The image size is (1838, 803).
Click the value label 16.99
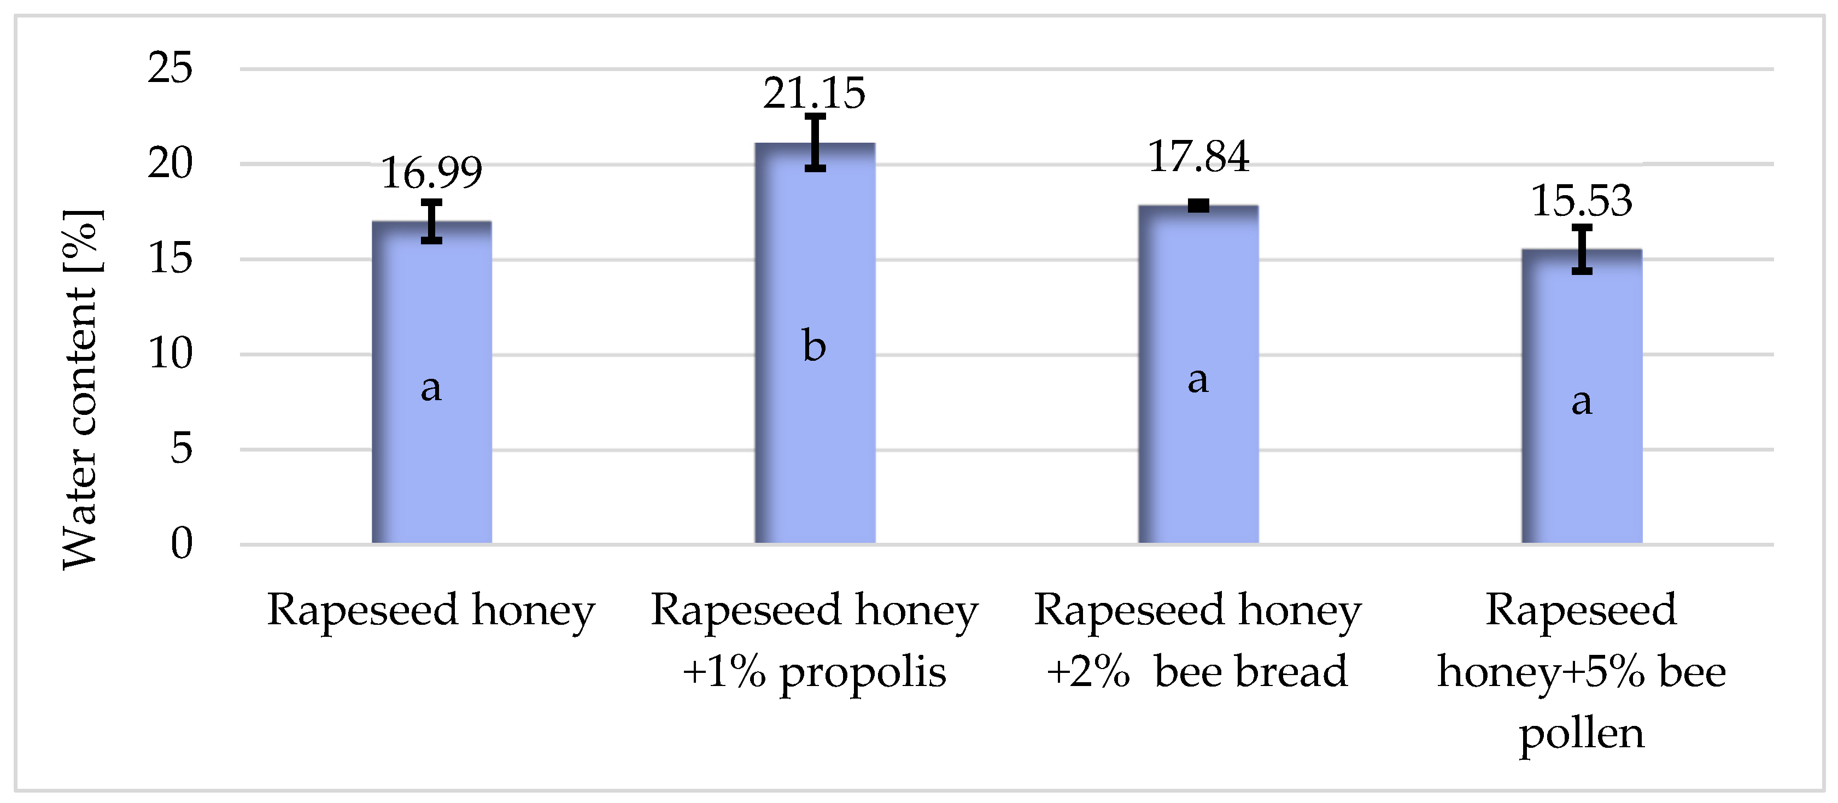pyautogui.click(x=432, y=173)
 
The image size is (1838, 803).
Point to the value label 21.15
pyautogui.click(x=814, y=93)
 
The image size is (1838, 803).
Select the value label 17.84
pyautogui.click(x=1199, y=157)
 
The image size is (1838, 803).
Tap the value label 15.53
pyautogui.click(x=1582, y=201)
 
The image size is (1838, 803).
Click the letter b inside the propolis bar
pyautogui.click(x=814, y=347)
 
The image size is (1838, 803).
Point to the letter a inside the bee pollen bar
pyautogui.click(x=1581, y=401)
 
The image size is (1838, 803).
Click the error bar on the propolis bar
pyautogui.click(x=815, y=143)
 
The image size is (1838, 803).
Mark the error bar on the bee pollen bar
pyautogui.click(x=1582, y=250)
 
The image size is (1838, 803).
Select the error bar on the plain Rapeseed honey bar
pyautogui.click(x=432, y=221)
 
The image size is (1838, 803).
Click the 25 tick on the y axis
pyautogui.click(x=170, y=69)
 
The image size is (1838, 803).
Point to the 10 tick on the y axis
pyautogui.click(x=170, y=354)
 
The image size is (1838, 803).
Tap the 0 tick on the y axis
pyautogui.click(x=182, y=543)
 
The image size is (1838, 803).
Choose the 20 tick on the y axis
pyautogui.click(x=170, y=164)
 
